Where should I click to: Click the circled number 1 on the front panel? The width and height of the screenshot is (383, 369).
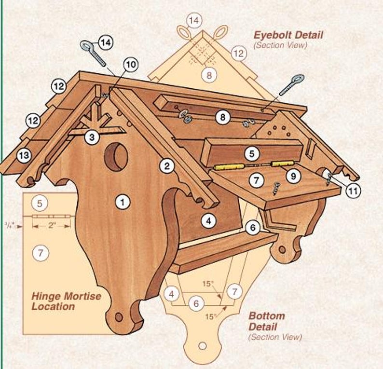[x=123, y=202]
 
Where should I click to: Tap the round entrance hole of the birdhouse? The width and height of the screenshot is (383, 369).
[x=116, y=157]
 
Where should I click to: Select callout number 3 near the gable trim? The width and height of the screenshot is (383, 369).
[x=92, y=137]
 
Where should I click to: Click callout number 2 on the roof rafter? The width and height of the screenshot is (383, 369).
[x=167, y=167]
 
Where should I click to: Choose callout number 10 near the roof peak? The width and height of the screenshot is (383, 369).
[x=130, y=64]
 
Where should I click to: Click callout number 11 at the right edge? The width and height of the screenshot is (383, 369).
[x=353, y=191]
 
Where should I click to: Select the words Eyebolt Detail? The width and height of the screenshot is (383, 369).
[x=288, y=35]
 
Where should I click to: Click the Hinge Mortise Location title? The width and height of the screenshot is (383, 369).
[x=66, y=301]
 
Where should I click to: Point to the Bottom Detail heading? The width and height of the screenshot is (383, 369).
[x=266, y=321]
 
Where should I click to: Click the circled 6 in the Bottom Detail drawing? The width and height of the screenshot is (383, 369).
[x=195, y=303]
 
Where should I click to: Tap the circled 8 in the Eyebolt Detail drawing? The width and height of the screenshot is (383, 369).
[x=209, y=75]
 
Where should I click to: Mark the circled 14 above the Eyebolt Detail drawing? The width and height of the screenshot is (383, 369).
[x=194, y=20]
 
